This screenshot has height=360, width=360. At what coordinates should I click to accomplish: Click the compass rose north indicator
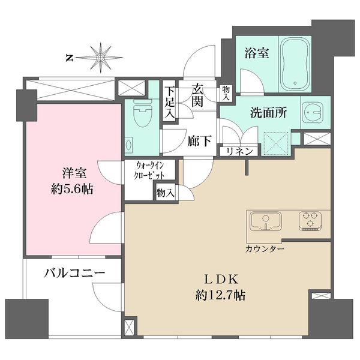tap(100, 58)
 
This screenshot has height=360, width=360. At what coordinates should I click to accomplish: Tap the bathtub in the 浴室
tap(295, 65)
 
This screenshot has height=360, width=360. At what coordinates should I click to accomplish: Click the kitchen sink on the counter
tap(266, 221)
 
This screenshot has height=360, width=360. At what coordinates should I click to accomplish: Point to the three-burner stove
tap(310, 221)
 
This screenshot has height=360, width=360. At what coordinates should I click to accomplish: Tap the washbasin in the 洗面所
tap(313, 112)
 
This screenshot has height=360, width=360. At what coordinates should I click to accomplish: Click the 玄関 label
tap(197, 95)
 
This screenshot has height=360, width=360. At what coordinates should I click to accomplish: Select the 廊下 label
tap(199, 141)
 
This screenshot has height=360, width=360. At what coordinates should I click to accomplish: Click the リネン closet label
tap(239, 151)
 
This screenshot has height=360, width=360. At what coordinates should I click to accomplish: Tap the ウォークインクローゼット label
tap(149, 170)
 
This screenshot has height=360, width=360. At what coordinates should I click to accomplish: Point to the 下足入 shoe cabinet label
tap(170, 103)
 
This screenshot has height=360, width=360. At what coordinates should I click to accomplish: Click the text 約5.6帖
tap(72, 190)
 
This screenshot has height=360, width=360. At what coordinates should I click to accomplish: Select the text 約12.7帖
tap(220, 295)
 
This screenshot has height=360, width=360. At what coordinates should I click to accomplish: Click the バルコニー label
tap(74, 273)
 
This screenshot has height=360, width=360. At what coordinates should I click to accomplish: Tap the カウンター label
tap(265, 249)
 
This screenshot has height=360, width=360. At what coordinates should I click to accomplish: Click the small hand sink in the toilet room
tap(128, 145)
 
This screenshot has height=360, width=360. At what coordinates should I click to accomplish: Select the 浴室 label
tap(256, 53)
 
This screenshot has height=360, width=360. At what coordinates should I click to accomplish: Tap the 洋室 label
tap(74, 173)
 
